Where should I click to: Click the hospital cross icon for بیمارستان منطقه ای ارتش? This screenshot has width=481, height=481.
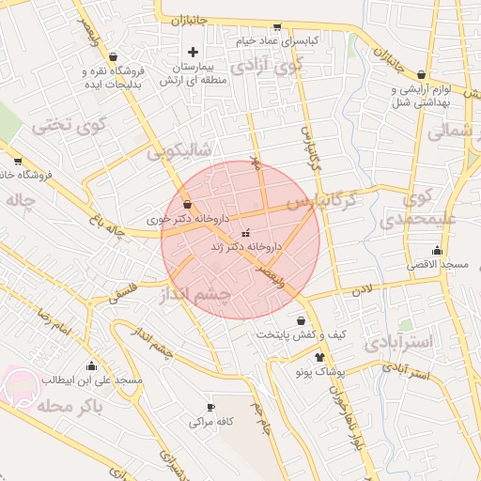click(194, 52)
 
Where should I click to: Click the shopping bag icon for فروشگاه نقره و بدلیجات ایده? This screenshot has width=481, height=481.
click(114, 56)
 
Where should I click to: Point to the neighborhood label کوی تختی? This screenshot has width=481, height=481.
click(70, 124)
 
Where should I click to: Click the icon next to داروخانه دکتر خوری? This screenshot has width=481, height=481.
click(188, 204)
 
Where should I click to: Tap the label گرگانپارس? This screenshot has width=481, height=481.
click(322, 201)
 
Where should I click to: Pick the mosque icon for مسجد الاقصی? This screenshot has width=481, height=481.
click(437, 250)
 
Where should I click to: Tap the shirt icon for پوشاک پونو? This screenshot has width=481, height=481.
click(320, 357)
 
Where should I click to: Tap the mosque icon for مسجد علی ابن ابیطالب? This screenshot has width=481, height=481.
click(91, 365)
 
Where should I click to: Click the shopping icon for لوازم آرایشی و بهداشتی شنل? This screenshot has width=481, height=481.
click(420, 74)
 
